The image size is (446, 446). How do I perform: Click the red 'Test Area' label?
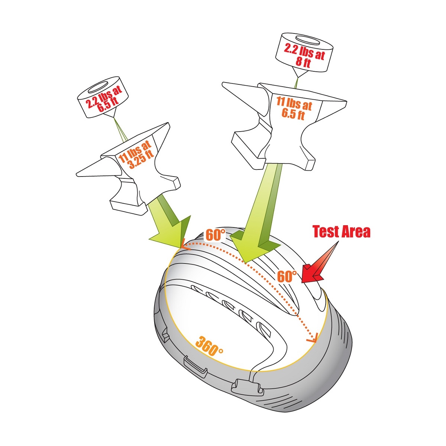point(342,232)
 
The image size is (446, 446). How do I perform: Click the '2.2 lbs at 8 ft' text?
point(304,55)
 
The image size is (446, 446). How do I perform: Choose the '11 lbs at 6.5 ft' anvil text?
point(294,108)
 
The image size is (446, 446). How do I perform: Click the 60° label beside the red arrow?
point(287,276)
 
